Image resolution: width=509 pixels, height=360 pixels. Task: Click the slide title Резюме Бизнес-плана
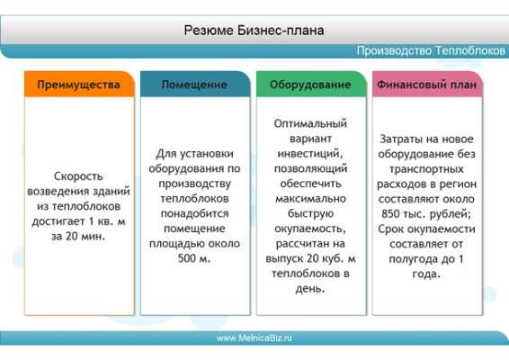tap(254, 31)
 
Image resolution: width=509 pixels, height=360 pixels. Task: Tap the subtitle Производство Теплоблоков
tap(431, 50)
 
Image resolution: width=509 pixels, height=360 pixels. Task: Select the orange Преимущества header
tap(79, 85)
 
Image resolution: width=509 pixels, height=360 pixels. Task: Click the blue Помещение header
tap(195, 85)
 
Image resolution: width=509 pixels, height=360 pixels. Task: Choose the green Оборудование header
tap(311, 85)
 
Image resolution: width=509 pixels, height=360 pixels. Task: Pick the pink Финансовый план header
tap(427, 85)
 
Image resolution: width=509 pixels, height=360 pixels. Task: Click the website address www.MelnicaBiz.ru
tap(254, 337)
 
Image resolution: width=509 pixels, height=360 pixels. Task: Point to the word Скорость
tap(78, 176)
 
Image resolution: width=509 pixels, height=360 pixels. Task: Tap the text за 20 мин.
tap(78, 236)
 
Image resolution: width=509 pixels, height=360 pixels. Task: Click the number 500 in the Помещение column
tap(187, 258)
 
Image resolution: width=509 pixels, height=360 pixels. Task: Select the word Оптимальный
tap(310, 124)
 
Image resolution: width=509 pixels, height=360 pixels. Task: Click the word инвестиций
tap(310, 154)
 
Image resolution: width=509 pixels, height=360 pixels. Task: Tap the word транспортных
tap(426, 169)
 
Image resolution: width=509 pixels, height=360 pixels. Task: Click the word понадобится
tap(195, 214)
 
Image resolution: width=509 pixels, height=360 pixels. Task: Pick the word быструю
tap(310, 214)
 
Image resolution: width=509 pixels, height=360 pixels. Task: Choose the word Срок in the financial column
tap(391, 229)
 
